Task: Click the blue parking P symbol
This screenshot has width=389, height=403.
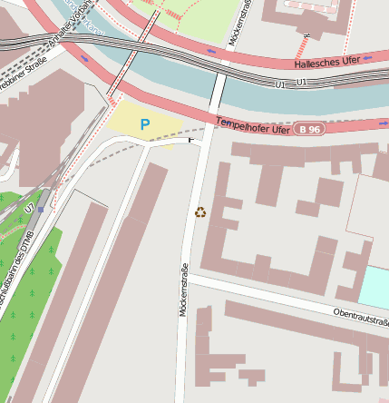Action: coord(144,124)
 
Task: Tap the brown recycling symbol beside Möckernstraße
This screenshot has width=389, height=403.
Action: coord(200,212)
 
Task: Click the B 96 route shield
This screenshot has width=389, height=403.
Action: coord(309,130)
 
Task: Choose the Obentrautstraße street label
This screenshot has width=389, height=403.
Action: coord(360,316)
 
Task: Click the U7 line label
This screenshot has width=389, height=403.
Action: coord(30,209)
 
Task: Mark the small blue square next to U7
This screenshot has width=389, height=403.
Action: coord(41,209)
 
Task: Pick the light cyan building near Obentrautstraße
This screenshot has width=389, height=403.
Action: coord(375,287)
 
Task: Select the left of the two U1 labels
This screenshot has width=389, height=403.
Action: coord(278,84)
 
